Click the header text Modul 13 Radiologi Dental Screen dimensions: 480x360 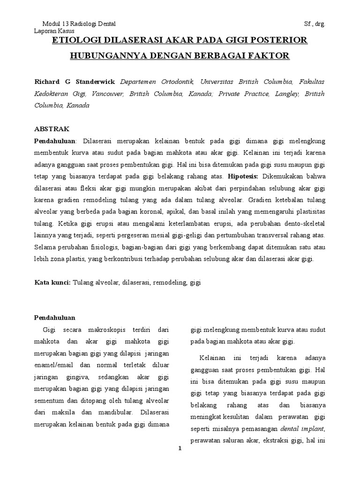click(79, 24)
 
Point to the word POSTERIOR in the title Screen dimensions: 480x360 click(280, 41)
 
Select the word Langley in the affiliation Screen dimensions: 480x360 click(287, 93)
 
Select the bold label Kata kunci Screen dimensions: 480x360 click(53, 283)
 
